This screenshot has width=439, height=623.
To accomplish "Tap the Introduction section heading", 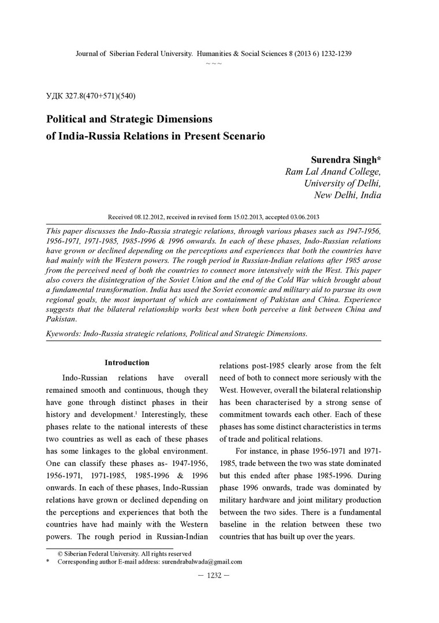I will coord(127,363).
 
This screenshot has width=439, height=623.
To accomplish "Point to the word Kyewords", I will coord(62,333).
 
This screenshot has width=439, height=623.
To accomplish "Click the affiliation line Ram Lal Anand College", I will coord(333,171).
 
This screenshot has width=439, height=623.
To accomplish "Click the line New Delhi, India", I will coord(347,196).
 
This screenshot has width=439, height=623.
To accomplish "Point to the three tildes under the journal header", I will coord(214,62).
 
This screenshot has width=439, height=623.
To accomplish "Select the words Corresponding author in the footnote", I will coord(84,561).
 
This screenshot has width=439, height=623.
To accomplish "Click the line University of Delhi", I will coord(343,183).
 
